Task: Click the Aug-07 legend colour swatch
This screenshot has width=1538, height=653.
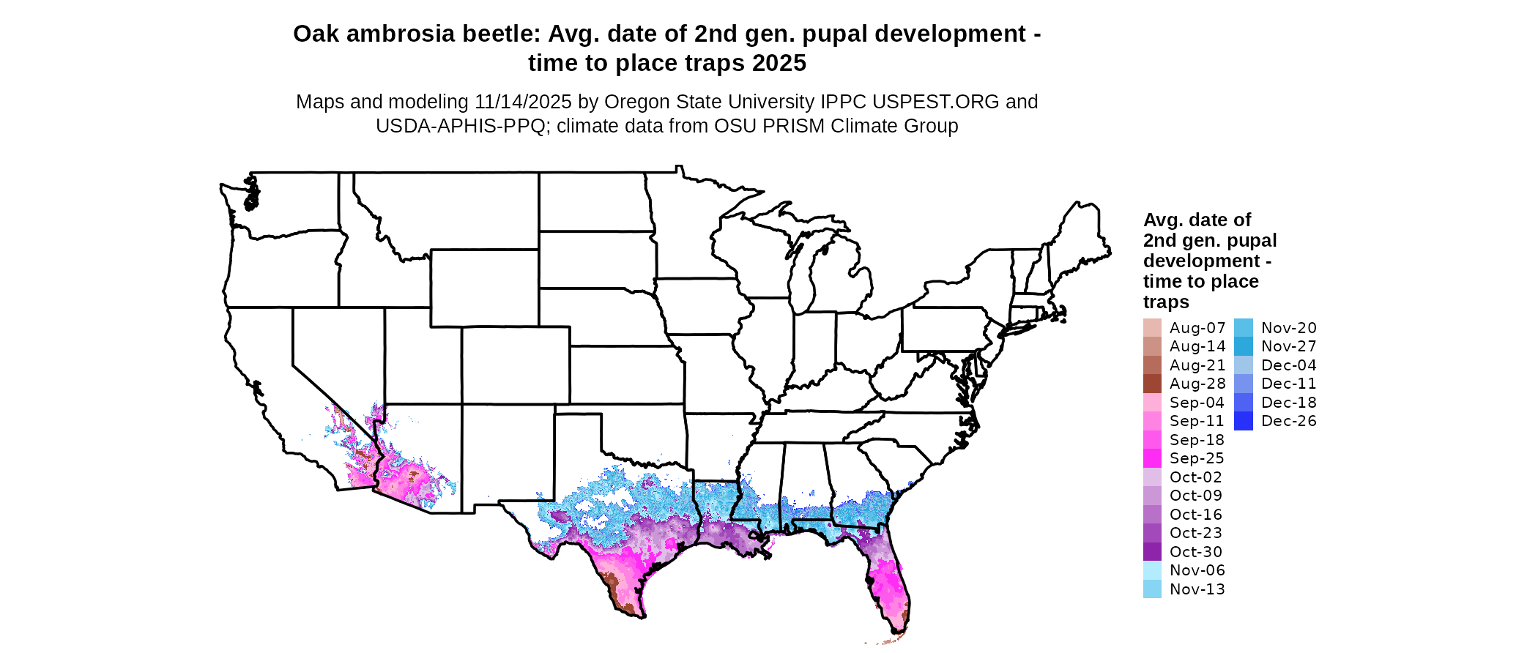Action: pyautogui.click(x=1152, y=328)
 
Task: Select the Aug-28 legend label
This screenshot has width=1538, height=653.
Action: pyautogui.click(x=1197, y=384)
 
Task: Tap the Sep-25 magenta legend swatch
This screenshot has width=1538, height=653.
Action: pyautogui.click(x=1152, y=458)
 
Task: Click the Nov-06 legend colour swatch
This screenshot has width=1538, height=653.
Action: pyautogui.click(x=1152, y=570)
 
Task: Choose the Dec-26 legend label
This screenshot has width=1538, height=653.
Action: pyautogui.click(x=1289, y=421)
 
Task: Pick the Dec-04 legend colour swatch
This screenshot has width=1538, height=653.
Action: pyautogui.click(x=1244, y=365)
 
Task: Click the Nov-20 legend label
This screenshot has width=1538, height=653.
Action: pyautogui.click(x=1289, y=328)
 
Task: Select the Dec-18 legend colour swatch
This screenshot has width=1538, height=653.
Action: pyautogui.click(x=1244, y=403)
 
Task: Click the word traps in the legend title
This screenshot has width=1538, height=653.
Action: pyautogui.click(x=1166, y=302)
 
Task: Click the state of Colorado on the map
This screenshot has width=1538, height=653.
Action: pyautogui.click(x=516, y=365)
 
